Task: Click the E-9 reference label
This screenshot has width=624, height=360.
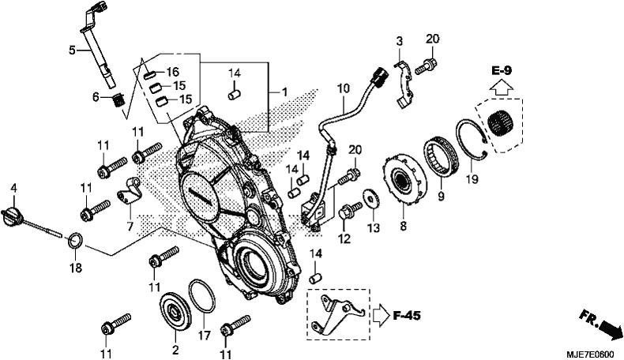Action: click(501, 71)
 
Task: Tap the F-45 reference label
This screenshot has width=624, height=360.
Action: click(407, 316)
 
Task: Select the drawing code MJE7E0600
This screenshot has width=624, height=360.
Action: click(591, 354)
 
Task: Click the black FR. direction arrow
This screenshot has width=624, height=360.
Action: click(611, 329)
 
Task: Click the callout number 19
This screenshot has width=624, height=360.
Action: click(472, 180)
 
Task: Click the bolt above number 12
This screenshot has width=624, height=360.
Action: click(350, 210)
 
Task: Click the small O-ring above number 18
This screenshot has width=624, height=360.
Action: click(76, 240)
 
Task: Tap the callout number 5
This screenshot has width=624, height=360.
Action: click(72, 51)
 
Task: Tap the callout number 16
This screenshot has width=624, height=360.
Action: click(173, 72)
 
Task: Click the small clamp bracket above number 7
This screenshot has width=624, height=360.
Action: click(130, 190)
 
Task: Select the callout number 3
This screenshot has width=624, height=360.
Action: click(399, 41)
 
